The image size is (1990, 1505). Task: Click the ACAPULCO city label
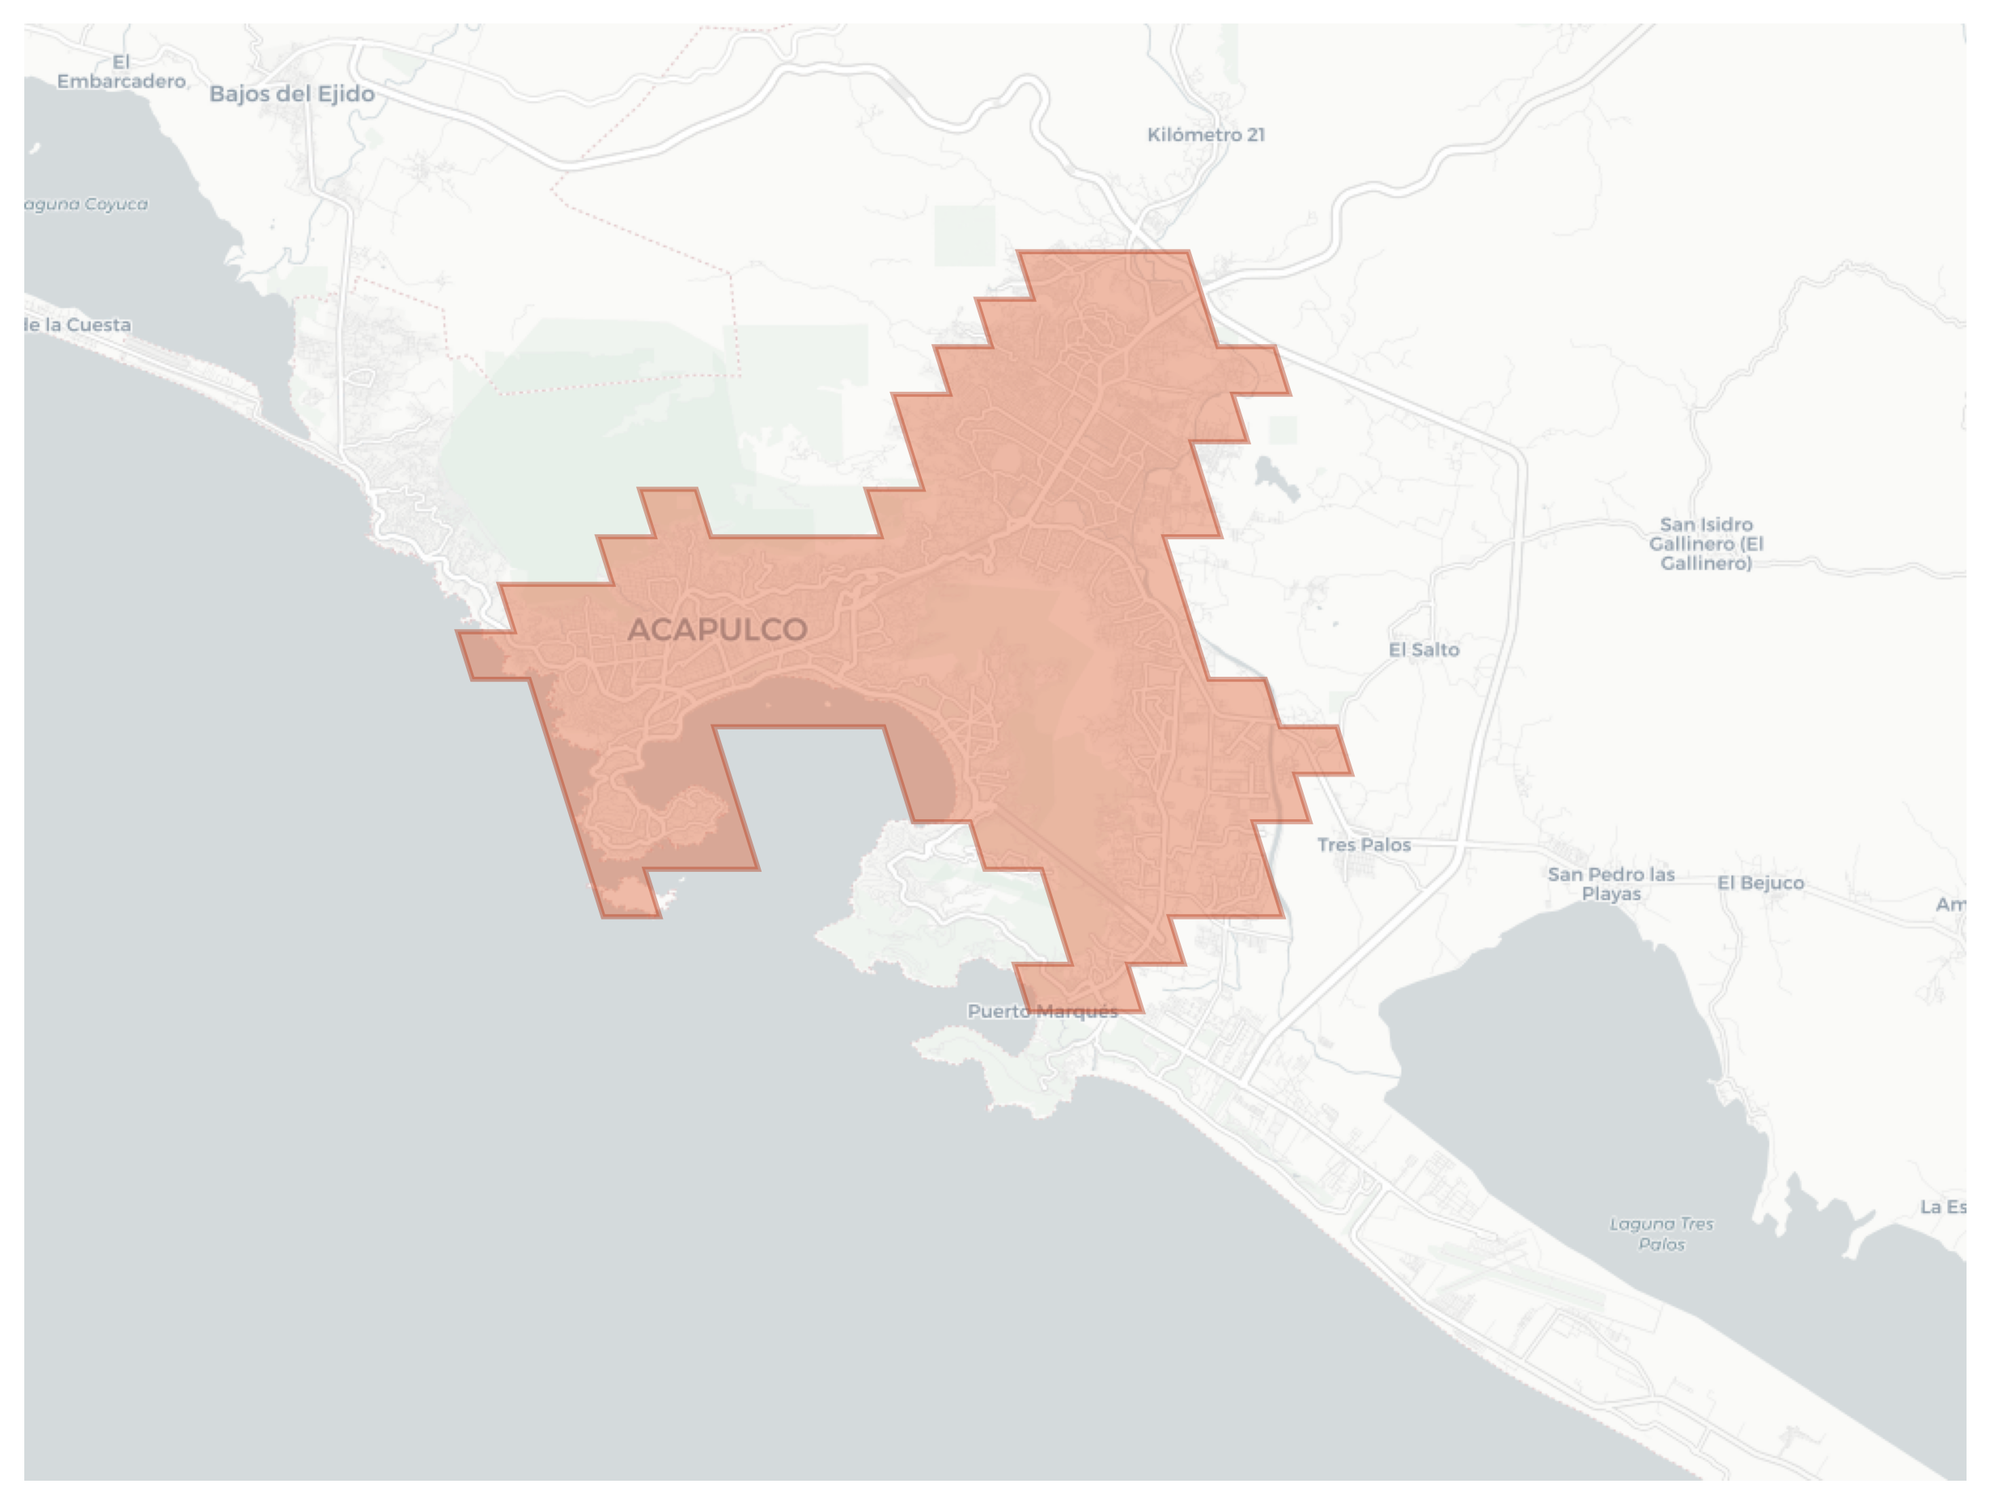click(717, 629)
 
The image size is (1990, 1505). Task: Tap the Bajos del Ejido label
click(291, 94)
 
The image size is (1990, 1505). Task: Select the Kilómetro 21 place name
click(1206, 135)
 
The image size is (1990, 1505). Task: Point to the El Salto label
click(1424, 649)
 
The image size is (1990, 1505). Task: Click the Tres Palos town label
click(1364, 844)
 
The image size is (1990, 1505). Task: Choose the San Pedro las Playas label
click(1610, 884)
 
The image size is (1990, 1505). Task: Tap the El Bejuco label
click(1759, 882)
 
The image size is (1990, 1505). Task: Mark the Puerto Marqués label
click(1042, 1011)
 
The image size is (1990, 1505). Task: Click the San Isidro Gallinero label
click(1706, 544)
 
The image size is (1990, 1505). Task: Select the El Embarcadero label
click(121, 72)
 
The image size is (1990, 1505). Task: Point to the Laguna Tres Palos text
click(1661, 1234)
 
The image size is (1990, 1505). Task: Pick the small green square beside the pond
click(1283, 430)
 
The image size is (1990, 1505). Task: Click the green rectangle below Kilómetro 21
click(965, 236)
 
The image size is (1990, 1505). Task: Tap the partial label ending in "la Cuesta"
click(78, 325)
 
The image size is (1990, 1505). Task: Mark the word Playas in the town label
click(1610, 894)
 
